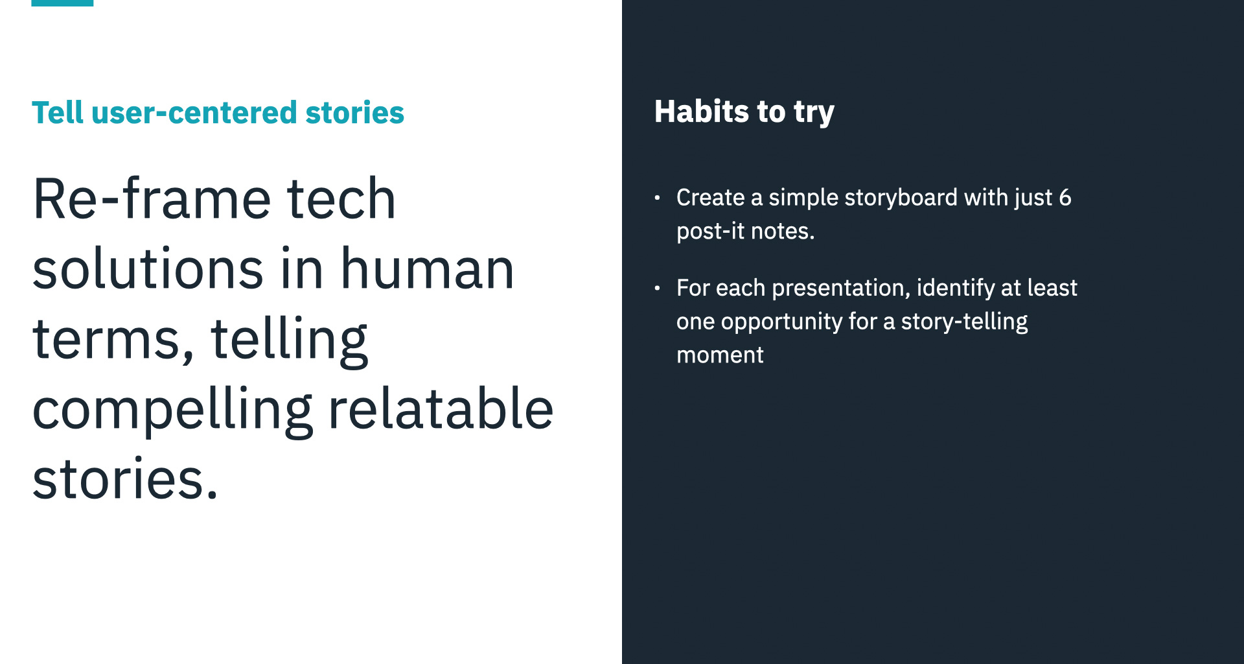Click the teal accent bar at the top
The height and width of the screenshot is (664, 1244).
[x=62, y=3]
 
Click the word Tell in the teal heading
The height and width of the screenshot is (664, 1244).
[x=58, y=112]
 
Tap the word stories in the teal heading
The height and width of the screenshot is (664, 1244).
[x=354, y=112]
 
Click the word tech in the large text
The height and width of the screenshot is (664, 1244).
[x=341, y=198]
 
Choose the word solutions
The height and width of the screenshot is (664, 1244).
[x=148, y=268]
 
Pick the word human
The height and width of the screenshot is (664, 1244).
[x=427, y=268]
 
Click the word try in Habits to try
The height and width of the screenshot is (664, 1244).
[x=814, y=113]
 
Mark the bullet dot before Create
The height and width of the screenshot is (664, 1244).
[x=657, y=198]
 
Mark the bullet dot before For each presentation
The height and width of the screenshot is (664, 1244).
[x=657, y=288]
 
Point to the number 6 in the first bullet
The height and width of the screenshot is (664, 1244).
[x=1065, y=197]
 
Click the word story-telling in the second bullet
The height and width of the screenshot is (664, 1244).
[x=964, y=322]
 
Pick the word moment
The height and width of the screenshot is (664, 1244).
[x=720, y=355]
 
